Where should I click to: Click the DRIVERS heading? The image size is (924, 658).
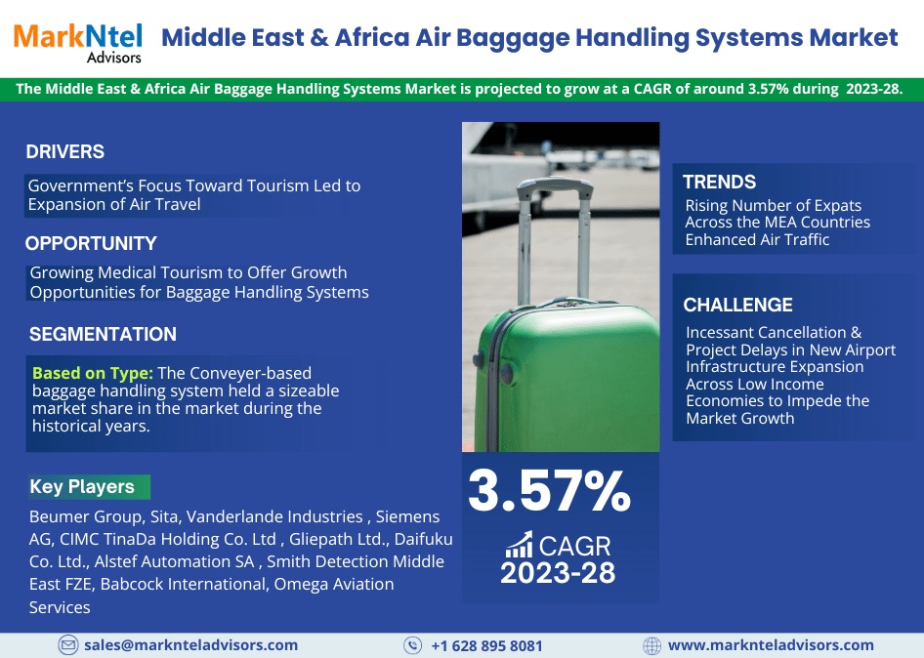click(x=64, y=152)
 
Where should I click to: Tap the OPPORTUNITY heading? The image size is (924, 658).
click(x=91, y=244)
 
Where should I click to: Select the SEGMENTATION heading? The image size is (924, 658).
click(x=103, y=335)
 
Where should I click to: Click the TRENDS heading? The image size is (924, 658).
click(x=719, y=183)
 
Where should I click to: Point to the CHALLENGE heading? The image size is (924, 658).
click(x=737, y=306)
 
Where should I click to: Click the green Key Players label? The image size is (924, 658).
click(x=82, y=487)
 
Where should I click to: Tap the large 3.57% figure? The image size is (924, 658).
click(x=549, y=491)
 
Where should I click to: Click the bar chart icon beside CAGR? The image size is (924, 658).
click(x=519, y=544)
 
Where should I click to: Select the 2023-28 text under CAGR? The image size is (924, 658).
click(x=558, y=573)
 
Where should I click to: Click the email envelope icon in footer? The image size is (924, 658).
click(x=67, y=644)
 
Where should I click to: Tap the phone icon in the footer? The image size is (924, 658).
click(x=412, y=645)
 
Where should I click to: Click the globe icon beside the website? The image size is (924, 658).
click(x=651, y=645)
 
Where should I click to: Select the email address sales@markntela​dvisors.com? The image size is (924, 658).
click(x=190, y=645)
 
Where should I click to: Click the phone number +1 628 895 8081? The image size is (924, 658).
click(x=485, y=645)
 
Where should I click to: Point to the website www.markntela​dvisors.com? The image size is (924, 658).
click(x=771, y=645)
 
